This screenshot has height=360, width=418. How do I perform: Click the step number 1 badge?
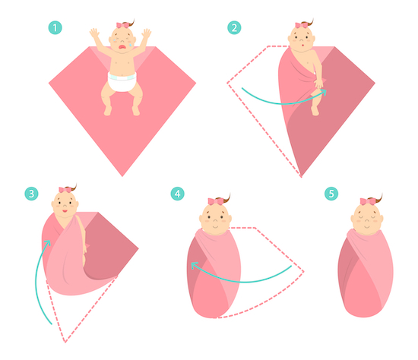(x=55, y=27)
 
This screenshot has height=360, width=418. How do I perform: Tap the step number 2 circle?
(x=234, y=27)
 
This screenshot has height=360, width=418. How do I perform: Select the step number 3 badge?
(x=31, y=194)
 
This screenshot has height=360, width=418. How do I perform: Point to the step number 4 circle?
(x=177, y=194)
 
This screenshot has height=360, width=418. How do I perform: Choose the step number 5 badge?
(x=331, y=194)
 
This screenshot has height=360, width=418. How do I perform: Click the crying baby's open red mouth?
(x=122, y=47)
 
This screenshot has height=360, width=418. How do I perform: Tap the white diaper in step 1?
(x=122, y=82)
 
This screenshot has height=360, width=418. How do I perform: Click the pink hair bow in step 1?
(x=122, y=25)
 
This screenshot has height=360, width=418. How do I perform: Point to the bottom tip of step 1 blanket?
(x=122, y=176)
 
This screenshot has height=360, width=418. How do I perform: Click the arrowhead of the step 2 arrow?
(x=324, y=91)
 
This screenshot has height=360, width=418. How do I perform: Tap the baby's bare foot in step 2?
(x=315, y=110)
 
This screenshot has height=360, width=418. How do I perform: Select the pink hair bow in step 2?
(x=302, y=25)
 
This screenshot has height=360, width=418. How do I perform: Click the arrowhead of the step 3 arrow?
(x=48, y=242)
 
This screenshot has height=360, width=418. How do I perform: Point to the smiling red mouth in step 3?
(x=65, y=211)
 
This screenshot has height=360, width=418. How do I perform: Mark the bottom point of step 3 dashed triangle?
(x=65, y=342)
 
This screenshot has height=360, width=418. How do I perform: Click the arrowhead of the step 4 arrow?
(x=194, y=265)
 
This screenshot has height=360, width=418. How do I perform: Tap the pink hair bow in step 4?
(x=215, y=201)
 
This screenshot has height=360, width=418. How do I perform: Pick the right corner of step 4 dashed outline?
(x=303, y=272)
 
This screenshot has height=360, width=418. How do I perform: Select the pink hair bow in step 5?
(x=367, y=201)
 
